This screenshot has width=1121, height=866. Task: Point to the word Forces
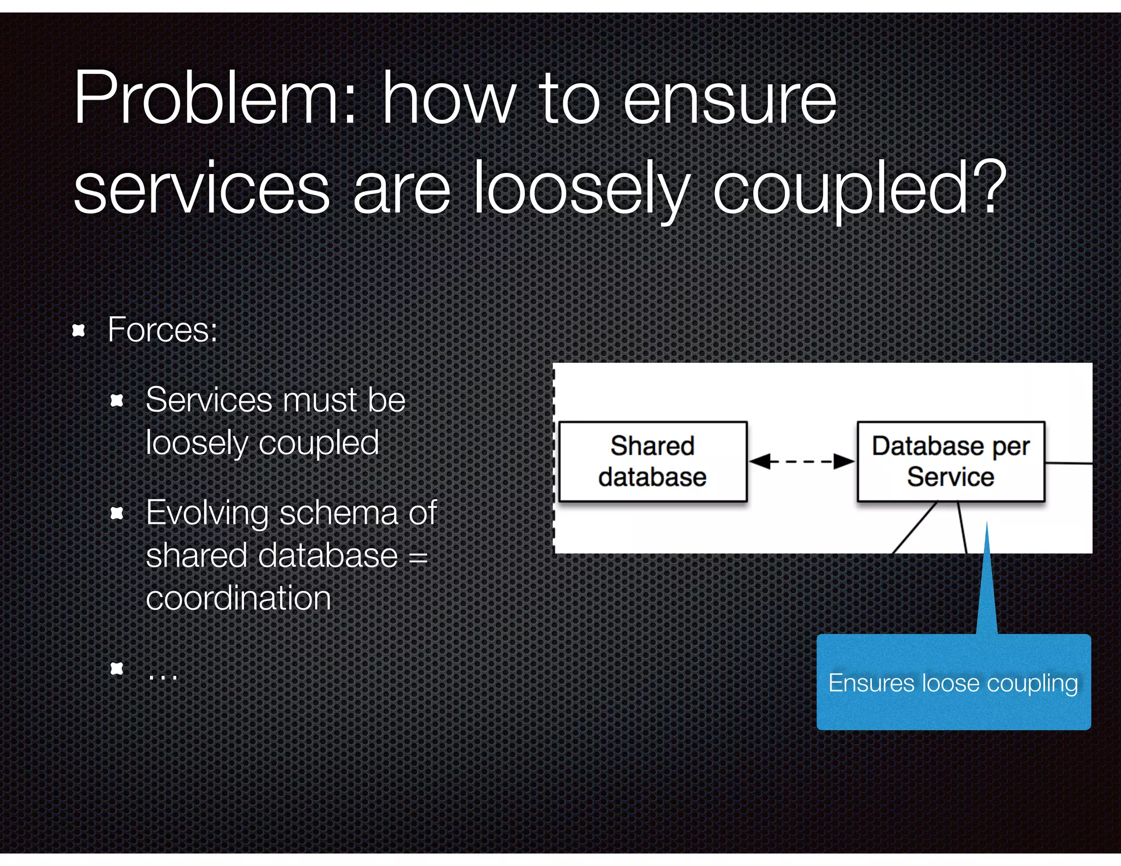pyautogui.click(x=163, y=330)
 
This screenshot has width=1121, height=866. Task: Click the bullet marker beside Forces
pyautogui.click(x=79, y=330)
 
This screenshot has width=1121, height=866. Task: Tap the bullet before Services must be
pyautogui.click(x=117, y=401)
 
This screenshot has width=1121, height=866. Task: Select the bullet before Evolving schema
pyautogui.click(x=117, y=513)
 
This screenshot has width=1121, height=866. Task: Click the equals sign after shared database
pyautogui.click(x=418, y=557)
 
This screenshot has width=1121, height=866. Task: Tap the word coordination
pyautogui.click(x=239, y=598)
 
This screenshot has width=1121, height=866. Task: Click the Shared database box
pyautogui.click(x=652, y=461)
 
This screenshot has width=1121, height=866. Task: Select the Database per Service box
pyautogui.click(x=951, y=461)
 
